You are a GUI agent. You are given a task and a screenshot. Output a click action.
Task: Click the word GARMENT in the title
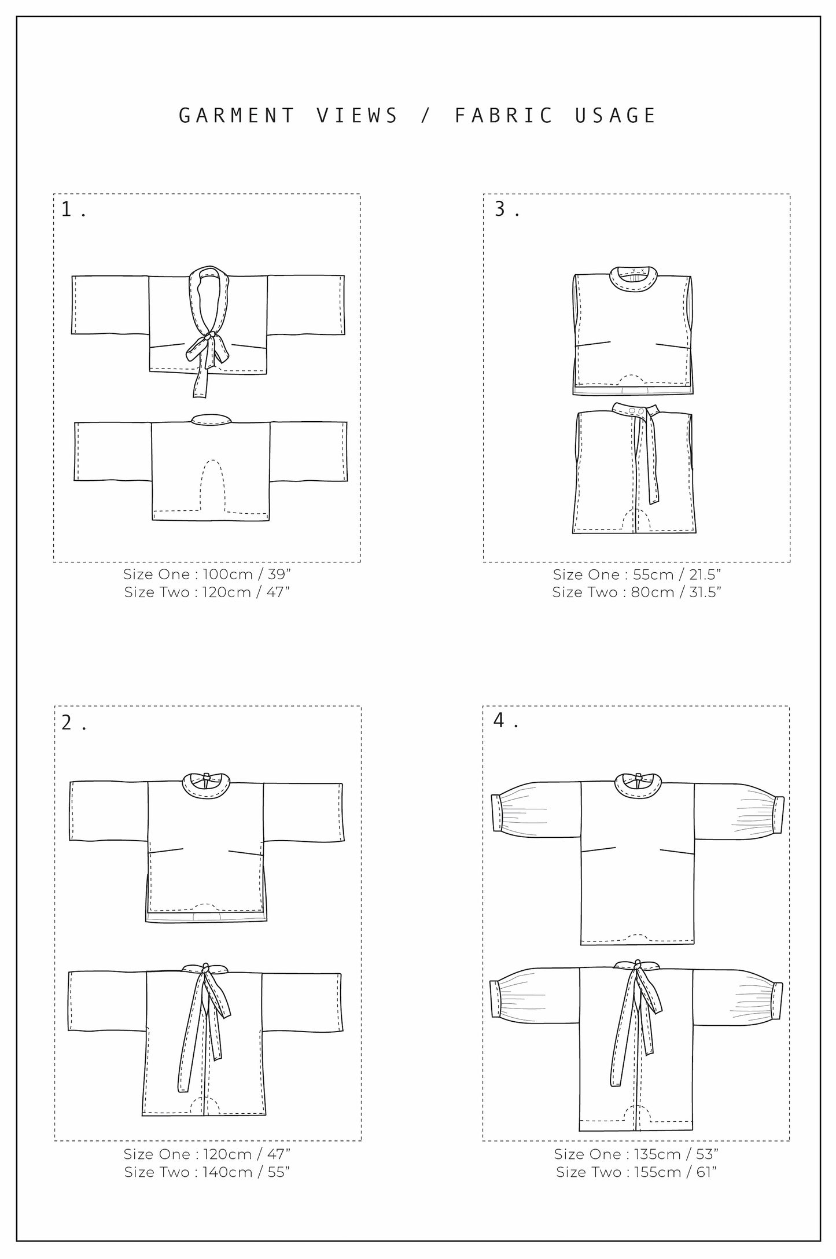click(x=237, y=116)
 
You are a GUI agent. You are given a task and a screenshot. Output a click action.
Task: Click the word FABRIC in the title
click(x=504, y=116)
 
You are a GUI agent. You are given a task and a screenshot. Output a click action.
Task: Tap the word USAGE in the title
click(x=616, y=116)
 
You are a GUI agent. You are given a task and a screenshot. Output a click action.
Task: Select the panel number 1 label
click(x=68, y=209)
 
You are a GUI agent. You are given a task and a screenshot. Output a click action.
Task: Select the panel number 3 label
click(x=500, y=209)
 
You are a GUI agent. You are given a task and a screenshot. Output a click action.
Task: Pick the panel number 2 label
click(x=68, y=723)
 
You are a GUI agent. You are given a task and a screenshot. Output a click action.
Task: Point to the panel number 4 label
click(x=500, y=721)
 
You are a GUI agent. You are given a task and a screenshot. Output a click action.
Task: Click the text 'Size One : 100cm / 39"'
click(x=207, y=575)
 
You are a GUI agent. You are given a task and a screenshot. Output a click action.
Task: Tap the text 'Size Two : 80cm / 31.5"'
click(x=636, y=592)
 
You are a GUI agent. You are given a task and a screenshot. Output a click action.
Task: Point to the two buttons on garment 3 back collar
click(x=635, y=411)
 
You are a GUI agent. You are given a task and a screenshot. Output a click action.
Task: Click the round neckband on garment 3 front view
click(x=634, y=274)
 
